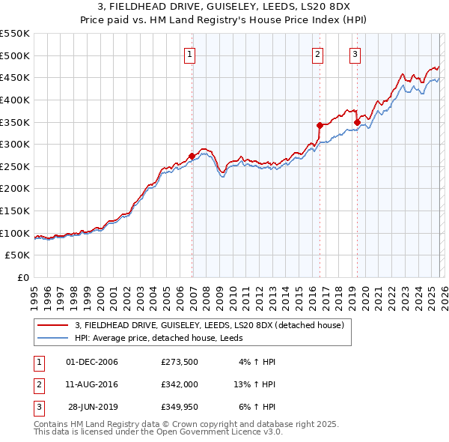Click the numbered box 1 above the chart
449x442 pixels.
point(190,53)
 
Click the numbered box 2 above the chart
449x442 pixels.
point(318,53)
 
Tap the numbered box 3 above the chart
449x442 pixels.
point(355,53)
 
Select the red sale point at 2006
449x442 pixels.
point(192,156)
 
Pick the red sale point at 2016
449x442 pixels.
point(320,125)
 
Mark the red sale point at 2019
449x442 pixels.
point(357,122)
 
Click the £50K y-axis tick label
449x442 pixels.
point(18,255)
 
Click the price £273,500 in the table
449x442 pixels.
point(180,362)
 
